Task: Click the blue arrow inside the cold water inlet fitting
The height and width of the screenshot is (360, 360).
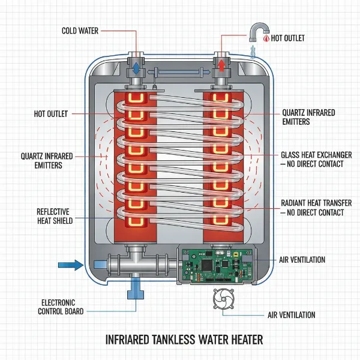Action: pos(136,67)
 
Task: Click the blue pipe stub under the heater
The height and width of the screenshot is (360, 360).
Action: pos(135,290)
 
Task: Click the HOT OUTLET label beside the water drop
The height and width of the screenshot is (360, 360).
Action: pos(289,38)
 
